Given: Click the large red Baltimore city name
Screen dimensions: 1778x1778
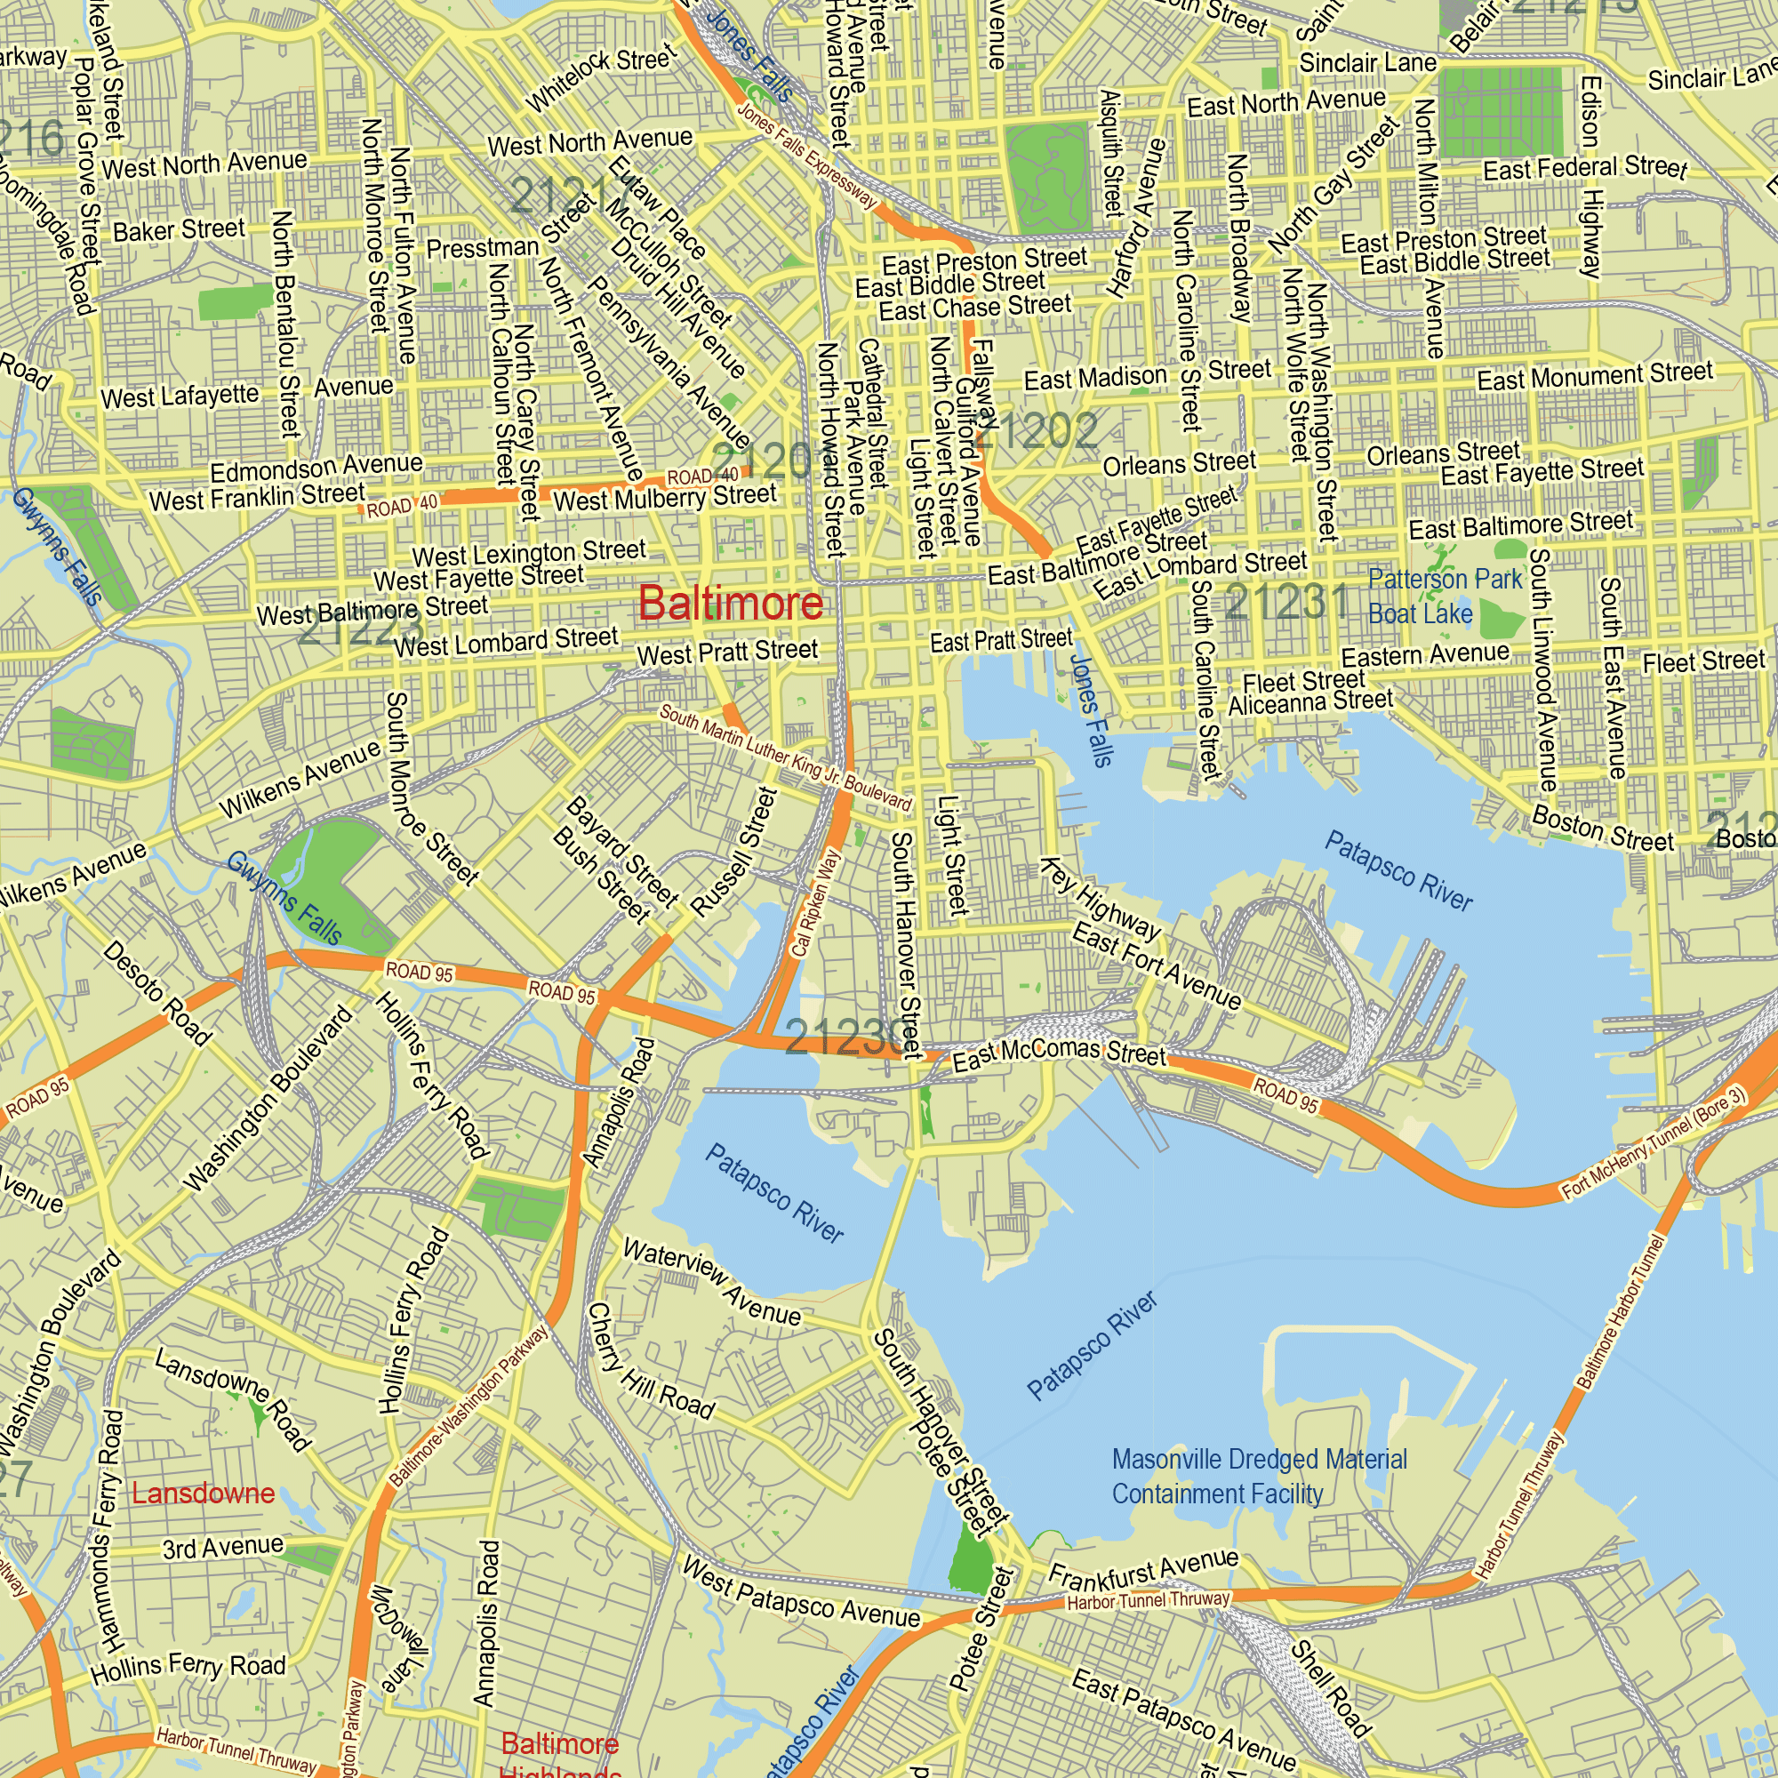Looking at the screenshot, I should [731, 604].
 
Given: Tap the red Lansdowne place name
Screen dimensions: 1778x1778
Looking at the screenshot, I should [203, 1493].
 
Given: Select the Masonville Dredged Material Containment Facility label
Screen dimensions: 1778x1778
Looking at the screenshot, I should [1258, 1476].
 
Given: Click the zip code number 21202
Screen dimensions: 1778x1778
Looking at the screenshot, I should [1037, 430].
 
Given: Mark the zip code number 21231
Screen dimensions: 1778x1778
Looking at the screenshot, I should [1287, 602].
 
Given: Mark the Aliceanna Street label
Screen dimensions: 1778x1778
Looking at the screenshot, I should [1310, 702].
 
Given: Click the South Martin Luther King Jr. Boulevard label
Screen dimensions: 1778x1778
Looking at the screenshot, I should [785, 757].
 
